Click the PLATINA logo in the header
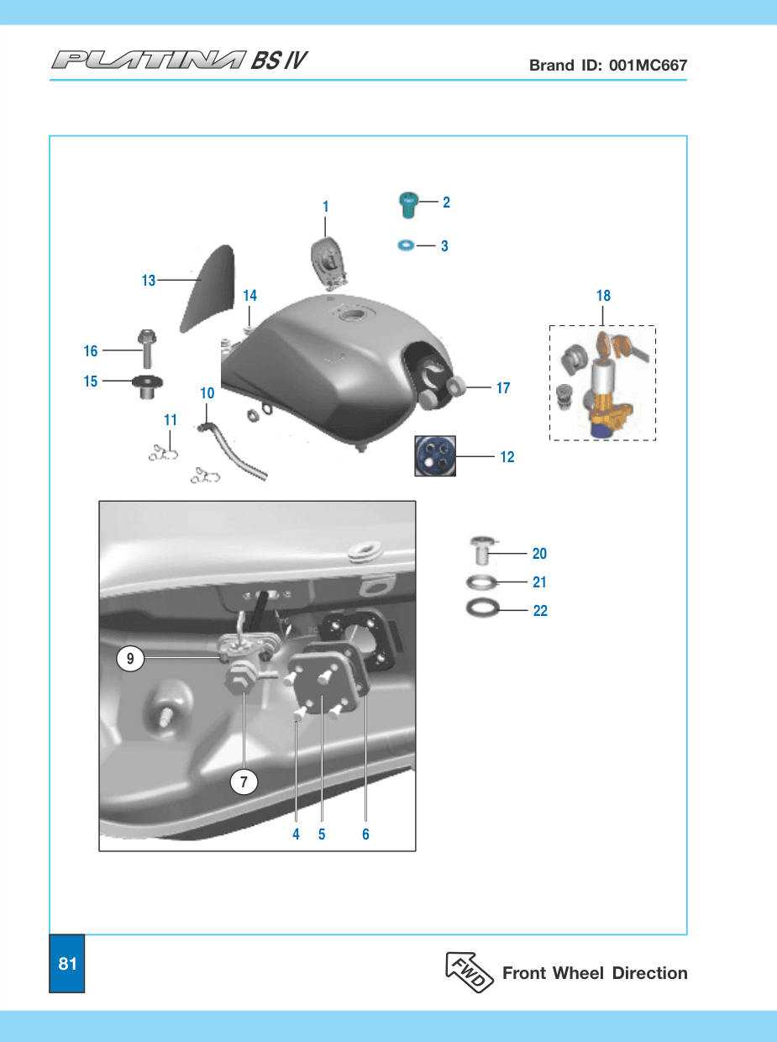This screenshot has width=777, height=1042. (149, 61)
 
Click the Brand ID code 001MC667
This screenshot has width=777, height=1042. (648, 65)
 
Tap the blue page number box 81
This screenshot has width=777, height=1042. (67, 963)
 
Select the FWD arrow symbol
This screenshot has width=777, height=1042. (470, 971)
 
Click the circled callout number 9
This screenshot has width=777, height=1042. (130, 659)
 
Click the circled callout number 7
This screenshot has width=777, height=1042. (244, 781)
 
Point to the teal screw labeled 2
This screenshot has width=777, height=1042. (408, 205)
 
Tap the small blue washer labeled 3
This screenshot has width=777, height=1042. (406, 245)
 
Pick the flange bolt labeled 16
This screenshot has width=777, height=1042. (147, 349)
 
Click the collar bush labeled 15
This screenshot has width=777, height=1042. (148, 387)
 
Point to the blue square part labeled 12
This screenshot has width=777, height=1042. (435, 455)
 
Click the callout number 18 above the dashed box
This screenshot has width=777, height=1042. (603, 296)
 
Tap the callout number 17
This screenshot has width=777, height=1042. (503, 388)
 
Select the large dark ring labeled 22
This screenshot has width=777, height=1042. (483, 608)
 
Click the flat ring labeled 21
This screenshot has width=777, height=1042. (481, 582)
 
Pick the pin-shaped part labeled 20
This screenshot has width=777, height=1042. (482, 550)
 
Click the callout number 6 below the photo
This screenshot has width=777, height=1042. (365, 834)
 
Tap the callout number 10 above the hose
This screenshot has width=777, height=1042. (207, 393)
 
